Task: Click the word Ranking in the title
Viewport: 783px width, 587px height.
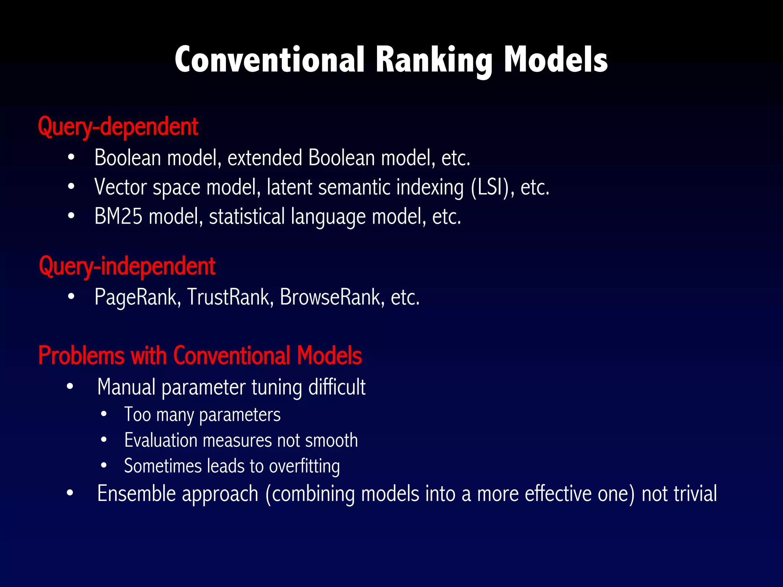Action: [x=434, y=60]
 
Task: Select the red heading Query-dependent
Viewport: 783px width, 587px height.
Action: [x=118, y=126]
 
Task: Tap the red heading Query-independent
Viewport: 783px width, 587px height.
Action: [x=127, y=266]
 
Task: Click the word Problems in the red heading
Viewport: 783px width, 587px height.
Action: [x=81, y=355]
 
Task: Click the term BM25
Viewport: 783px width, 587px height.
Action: [x=118, y=216]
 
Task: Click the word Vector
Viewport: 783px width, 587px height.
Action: [x=120, y=187]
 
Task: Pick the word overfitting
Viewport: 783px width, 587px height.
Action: [x=304, y=466]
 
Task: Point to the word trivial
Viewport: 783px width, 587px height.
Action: [x=695, y=493]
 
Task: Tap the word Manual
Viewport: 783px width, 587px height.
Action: [x=126, y=387]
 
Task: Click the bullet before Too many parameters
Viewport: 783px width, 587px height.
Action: [x=104, y=414]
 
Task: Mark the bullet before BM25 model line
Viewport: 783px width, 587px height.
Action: [x=71, y=216]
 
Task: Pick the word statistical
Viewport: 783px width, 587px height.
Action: [x=247, y=216]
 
